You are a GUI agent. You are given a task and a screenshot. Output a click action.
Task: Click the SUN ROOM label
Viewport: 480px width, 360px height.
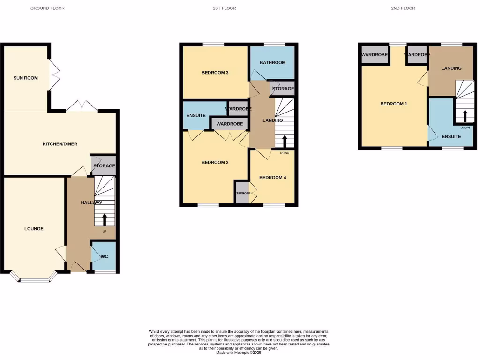[x=26, y=78]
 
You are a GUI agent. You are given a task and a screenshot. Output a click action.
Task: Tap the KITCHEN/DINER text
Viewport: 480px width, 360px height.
[x=60, y=144]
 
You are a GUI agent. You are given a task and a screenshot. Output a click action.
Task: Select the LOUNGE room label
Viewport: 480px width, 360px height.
[x=34, y=229]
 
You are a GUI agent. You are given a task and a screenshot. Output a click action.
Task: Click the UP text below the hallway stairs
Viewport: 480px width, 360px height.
[x=104, y=232]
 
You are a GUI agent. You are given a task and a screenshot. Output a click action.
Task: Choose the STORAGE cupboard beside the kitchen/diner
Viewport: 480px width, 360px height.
[x=104, y=166]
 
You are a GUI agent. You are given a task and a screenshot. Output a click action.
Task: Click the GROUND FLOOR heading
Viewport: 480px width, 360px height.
[x=47, y=8]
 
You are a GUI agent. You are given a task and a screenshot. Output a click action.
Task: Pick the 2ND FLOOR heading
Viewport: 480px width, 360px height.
[x=403, y=8]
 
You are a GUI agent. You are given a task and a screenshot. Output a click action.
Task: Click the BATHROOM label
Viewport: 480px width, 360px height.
[x=273, y=62]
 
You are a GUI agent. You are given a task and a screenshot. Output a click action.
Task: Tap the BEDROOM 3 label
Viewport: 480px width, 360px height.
[x=215, y=73]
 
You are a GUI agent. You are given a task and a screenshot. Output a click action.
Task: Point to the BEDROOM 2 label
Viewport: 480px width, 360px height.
[x=215, y=163]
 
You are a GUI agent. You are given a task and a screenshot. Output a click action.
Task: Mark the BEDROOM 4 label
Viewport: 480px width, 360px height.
[x=272, y=178]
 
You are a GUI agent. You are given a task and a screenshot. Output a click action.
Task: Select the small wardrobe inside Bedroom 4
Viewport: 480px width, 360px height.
[x=243, y=193]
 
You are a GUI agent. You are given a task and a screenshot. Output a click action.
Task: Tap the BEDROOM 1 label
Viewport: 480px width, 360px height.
[x=393, y=104]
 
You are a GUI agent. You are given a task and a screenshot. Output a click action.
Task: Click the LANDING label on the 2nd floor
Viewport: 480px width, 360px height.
[x=451, y=68]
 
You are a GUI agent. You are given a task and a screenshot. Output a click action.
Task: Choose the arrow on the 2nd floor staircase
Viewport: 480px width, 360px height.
[x=465, y=116]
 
